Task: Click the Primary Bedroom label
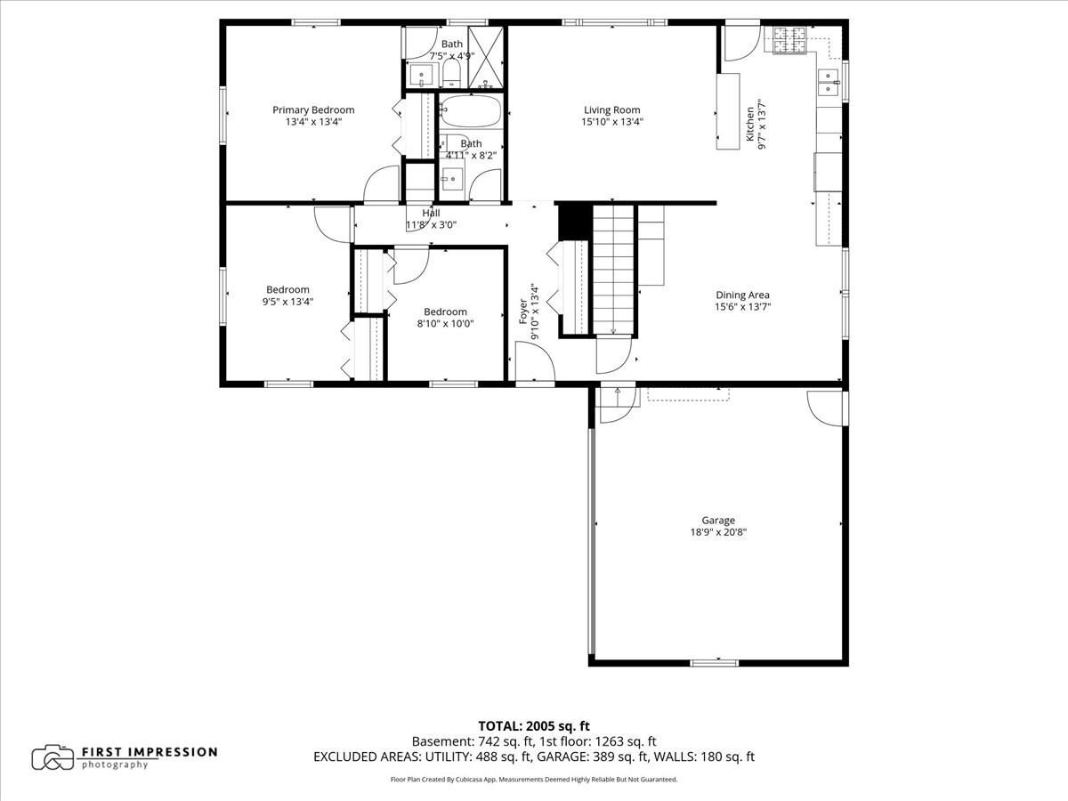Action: point(313,109)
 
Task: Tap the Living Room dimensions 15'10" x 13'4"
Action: point(612,122)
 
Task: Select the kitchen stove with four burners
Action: point(789,40)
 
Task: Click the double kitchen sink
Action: point(828,83)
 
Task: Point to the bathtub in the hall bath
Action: point(471,111)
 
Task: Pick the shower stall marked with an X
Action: point(486,57)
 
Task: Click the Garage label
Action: point(718,521)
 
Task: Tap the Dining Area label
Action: point(742,295)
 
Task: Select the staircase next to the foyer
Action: point(613,270)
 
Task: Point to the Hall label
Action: point(431,213)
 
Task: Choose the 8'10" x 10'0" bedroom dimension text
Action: point(445,323)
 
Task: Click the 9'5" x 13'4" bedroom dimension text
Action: point(287,302)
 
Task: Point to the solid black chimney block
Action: point(575,222)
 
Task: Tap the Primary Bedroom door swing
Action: point(382,183)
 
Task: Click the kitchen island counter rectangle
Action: point(728,111)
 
